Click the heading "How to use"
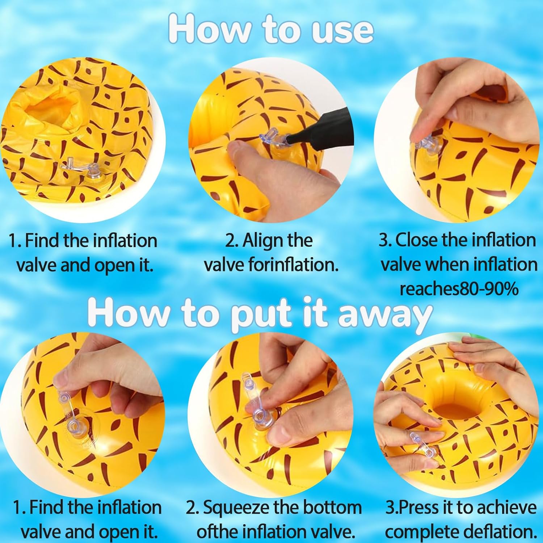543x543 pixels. click(x=271, y=29)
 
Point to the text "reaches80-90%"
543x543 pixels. click(x=459, y=289)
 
